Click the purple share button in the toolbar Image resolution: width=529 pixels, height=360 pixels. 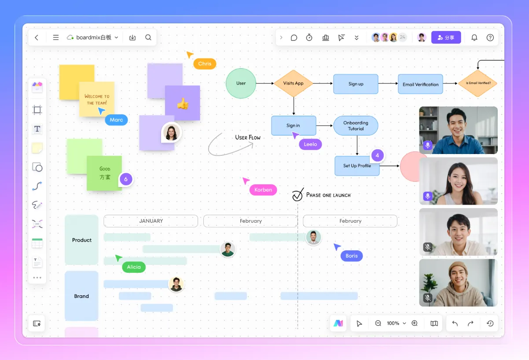click(x=446, y=37)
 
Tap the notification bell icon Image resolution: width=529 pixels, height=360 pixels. click(x=474, y=37)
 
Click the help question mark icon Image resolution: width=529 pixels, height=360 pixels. click(x=490, y=37)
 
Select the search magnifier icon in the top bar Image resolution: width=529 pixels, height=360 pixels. click(x=148, y=37)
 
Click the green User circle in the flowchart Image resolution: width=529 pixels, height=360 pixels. click(x=241, y=83)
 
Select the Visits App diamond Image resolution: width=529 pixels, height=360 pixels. click(x=293, y=83)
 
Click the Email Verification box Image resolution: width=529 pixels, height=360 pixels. click(x=420, y=84)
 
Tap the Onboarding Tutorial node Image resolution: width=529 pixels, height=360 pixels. click(x=356, y=126)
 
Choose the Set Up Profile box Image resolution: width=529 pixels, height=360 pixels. click(x=357, y=166)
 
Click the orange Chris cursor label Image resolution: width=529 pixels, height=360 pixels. click(x=205, y=64)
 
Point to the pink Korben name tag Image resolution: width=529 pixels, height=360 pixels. click(x=263, y=190)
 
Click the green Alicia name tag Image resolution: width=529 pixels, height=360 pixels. click(x=134, y=267)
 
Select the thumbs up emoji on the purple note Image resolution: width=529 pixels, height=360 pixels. click(x=183, y=103)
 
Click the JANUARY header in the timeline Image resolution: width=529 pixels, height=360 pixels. click(x=151, y=221)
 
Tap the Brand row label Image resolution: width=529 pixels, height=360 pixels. click(x=81, y=296)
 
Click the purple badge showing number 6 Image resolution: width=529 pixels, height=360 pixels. click(x=125, y=179)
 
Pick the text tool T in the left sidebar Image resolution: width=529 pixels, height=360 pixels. click(x=37, y=129)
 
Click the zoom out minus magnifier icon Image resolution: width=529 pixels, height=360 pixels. click(x=378, y=323)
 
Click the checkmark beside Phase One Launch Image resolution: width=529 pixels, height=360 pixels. click(x=298, y=195)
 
